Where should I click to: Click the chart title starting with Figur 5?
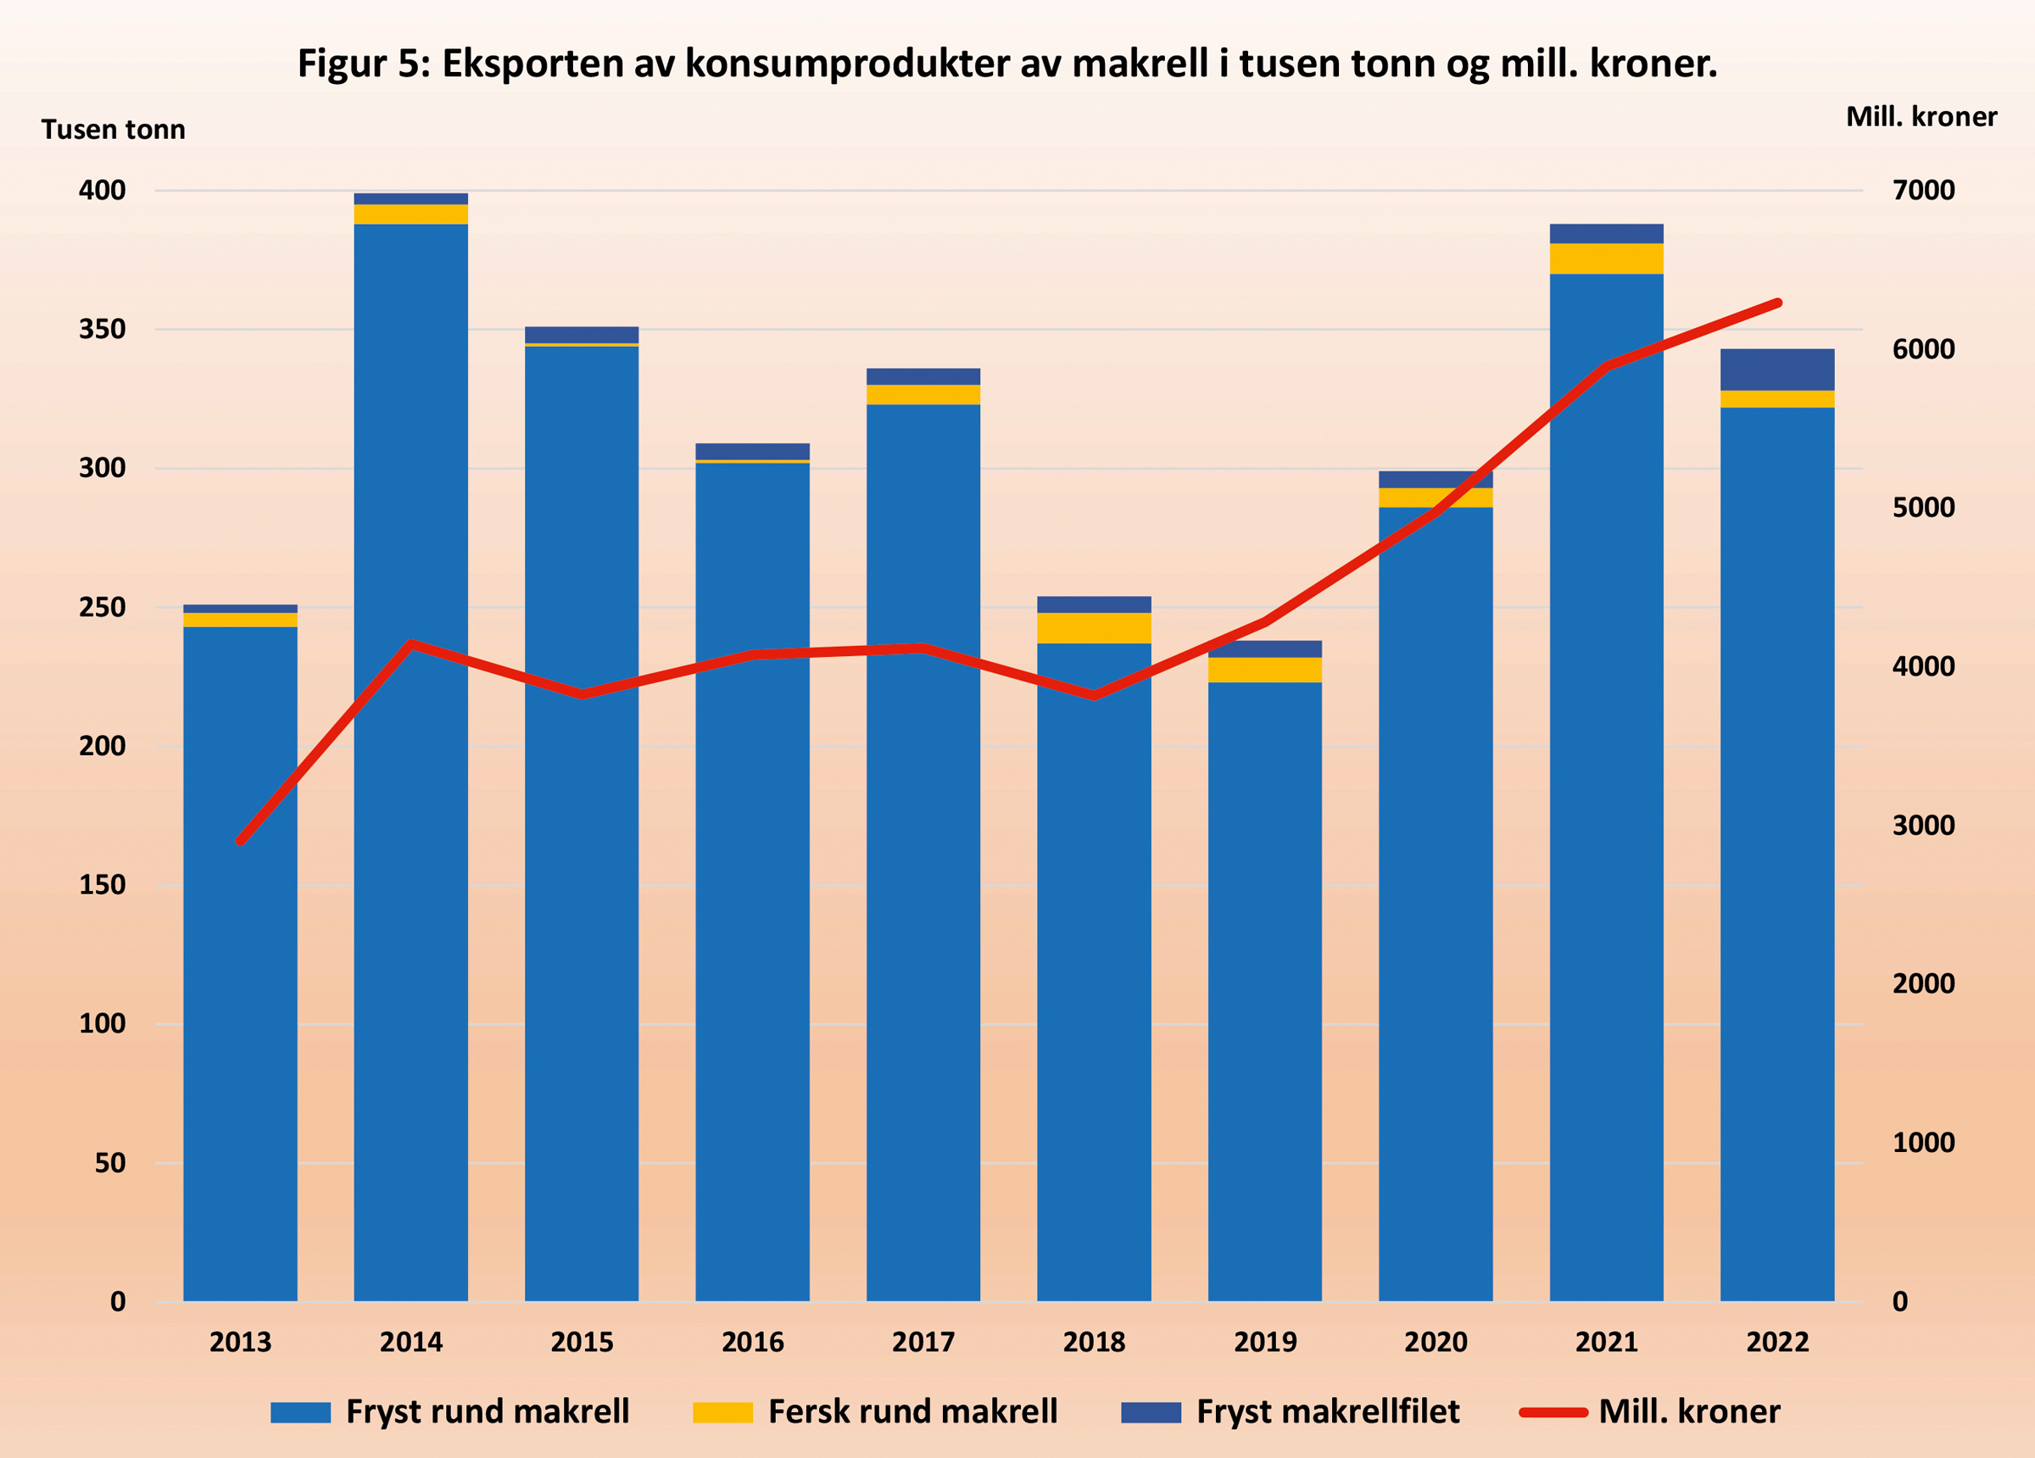point(1006,64)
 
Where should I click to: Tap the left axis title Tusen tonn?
point(113,130)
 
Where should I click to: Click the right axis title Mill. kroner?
point(1921,117)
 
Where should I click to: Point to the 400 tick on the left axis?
point(102,190)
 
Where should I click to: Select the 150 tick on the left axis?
point(102,885)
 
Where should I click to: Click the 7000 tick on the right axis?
point(1923,190)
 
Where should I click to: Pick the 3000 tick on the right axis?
point(1923,826)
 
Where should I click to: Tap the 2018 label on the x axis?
point(1094,1342)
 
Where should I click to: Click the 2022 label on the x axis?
point(1776,1342)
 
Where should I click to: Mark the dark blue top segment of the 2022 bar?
point(1776,370)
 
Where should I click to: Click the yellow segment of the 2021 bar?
point(1606,259)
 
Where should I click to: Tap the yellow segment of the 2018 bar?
point(1094,628)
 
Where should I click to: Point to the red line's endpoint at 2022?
point(1777,303)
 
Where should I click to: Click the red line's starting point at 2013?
point(241,842)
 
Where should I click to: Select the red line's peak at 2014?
point(411,643)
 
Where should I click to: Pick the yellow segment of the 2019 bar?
point(1264,671)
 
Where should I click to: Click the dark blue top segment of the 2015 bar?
point(582,335)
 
